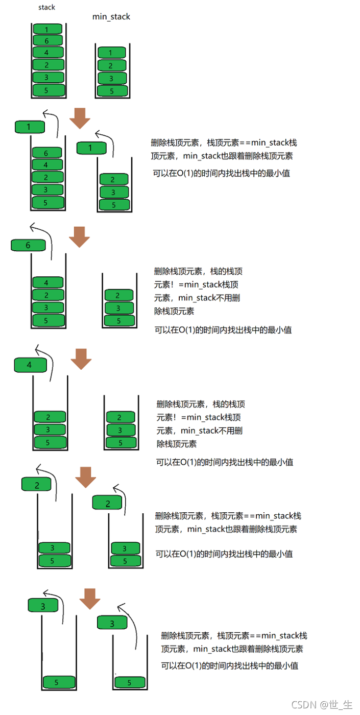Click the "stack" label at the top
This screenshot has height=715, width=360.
click(x=46, y=8)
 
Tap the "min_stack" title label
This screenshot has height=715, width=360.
click(x=111, y=17)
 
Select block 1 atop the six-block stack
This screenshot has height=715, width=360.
click(x=47, y=29)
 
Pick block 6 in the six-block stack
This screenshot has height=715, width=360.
click(x=47, y=40)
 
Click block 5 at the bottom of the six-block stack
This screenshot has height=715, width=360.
click(x=48, y=91)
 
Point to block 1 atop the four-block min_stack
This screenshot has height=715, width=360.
click(x=112, y=53)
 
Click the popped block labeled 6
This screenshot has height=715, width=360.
click(x=28, y=245)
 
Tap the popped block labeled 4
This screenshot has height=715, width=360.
click(x=30, y=365)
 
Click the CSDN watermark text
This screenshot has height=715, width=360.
click(x=321, y=705)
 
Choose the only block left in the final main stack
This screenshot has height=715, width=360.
click(x=58, y=682)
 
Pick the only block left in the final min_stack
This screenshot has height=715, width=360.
click(x=129, y=682)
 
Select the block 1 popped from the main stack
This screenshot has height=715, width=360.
click(x=30, y=126)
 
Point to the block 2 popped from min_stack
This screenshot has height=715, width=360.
click(x=108, y=504)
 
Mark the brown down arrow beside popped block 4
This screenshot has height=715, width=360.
click(x=81, y=359)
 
